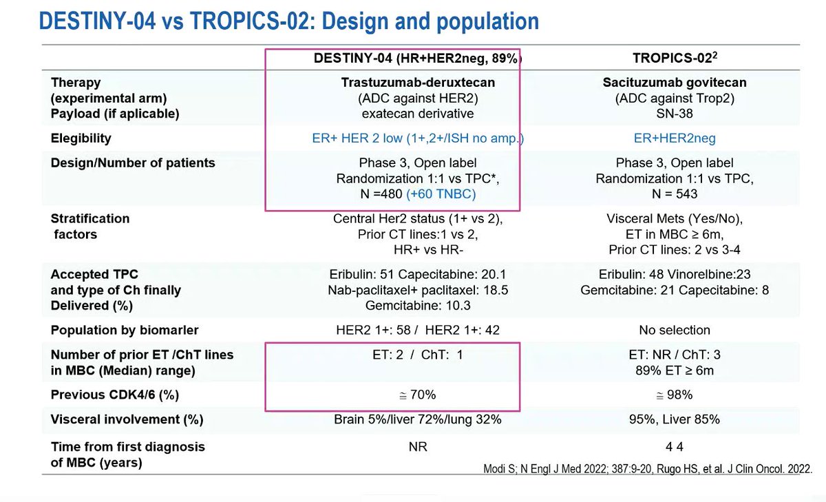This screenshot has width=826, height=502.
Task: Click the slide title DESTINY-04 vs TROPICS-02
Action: [x=288, y=21]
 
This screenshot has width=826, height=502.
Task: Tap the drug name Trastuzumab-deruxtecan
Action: [x=418, y=83]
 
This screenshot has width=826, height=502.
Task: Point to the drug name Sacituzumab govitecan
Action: [x=674, y=83]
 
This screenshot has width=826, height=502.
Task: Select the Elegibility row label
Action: [x=81, y=138]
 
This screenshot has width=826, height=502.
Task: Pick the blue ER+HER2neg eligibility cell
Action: [x=674, y=138]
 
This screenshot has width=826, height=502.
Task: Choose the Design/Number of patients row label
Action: [x=132, y=163]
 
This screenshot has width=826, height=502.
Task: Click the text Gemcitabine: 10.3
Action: [x=418, y=305]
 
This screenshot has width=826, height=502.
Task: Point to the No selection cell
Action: [x=674, y=330]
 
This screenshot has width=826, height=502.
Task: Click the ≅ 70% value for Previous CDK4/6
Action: [x=418, y=395]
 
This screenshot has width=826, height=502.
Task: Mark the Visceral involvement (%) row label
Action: [x=127, y=419]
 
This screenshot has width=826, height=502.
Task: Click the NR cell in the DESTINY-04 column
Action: [x=418, y=447]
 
